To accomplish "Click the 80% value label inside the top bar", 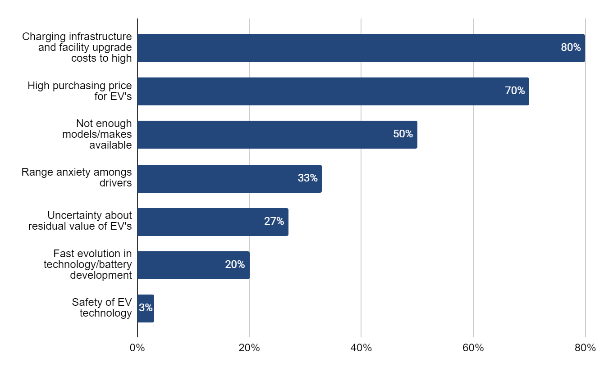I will (571, 47).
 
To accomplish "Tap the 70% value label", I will (515, 91).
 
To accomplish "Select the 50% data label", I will (403, 134).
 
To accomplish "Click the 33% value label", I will (307, 178).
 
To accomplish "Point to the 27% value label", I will (274, 221).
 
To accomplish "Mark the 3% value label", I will (146, 308).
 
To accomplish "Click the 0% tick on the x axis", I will (137, 348).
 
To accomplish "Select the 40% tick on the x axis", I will (361, 348).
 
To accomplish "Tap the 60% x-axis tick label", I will (473, 348).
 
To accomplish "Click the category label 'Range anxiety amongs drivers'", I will (77, 177).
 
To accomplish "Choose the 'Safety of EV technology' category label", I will (101, 307).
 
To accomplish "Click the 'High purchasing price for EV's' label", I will (80, 91).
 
